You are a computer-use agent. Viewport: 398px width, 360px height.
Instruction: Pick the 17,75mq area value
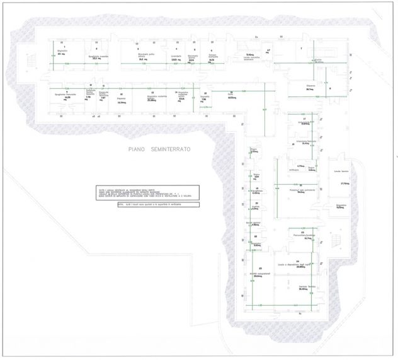pos(344,183)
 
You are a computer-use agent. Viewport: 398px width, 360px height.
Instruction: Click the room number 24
pos(296,260)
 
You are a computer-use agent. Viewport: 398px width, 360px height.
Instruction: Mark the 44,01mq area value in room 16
pos(214,98)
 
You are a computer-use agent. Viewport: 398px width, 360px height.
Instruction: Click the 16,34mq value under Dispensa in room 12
pos(122,102)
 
